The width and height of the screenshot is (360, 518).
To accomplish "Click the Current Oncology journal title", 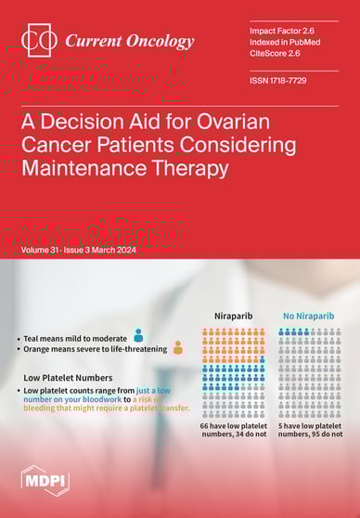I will pos(129,41).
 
